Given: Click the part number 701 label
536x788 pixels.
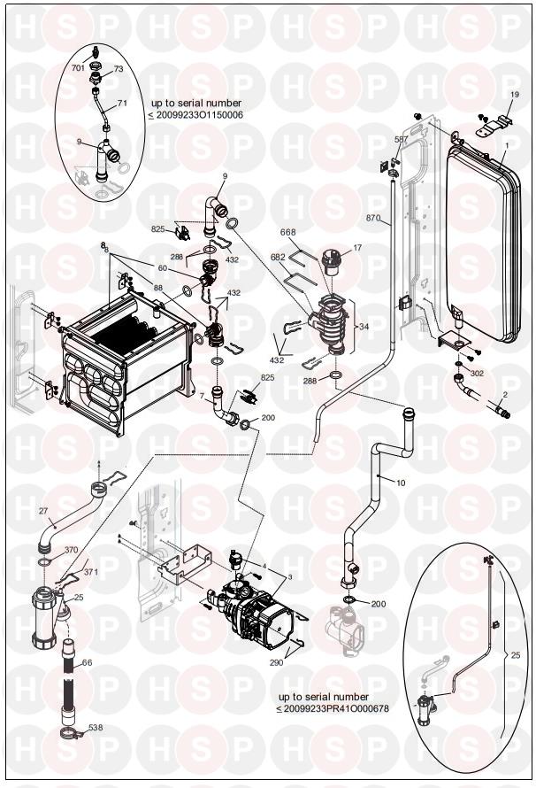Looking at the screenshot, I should [x=78, y=67].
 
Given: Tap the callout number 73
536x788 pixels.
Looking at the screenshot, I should [x=119, y=68].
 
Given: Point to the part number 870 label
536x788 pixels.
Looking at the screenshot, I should [x=372, y=217].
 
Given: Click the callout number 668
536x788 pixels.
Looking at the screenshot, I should [x=287, y=233].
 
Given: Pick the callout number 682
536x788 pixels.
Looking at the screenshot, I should [x=278, y=257].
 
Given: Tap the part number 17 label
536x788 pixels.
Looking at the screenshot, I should [x=358, y=248].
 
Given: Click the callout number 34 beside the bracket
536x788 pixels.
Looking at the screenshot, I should [x=363, y=327].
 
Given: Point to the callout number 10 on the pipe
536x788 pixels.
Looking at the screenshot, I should [x=401, y=483].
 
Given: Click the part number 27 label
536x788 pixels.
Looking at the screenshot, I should [x=43, y=510].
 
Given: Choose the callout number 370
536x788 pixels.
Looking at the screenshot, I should [x=72, y=550].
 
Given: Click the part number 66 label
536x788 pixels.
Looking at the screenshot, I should [x=87, y=662].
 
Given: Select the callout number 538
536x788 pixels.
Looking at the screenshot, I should [x=95, y=728].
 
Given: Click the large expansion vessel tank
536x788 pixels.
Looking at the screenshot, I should [x=481, y=243].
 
